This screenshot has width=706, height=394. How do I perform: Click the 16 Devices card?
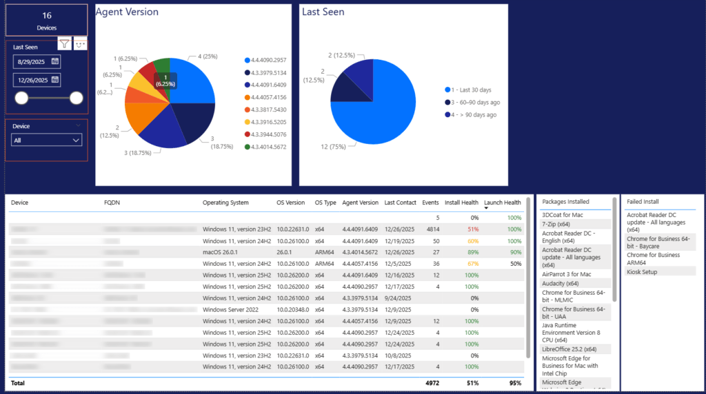click(47, 21)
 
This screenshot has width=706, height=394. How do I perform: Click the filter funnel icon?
click(64, 44)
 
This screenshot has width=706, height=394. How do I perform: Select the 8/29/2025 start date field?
click(31, 61)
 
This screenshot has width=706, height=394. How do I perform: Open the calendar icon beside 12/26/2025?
click(54, 80)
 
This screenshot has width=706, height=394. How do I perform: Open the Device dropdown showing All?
click(47, 140)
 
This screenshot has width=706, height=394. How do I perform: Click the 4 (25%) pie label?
click(209, 56)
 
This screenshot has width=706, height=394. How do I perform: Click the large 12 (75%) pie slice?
click(386, 103)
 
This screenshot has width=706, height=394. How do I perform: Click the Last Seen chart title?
click(323, 12)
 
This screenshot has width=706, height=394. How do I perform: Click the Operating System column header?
click(225, 203)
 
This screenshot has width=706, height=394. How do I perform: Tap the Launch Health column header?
click(502, 203)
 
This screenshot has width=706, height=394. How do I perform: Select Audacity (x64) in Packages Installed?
click(560, 284)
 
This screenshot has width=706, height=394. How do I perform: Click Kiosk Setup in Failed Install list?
click(641, 272)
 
